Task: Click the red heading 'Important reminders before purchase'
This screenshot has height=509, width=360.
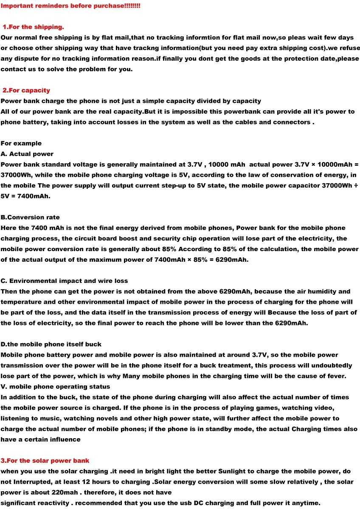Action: pyautogui.click(x=70, y=6)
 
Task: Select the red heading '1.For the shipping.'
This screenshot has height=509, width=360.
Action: pyautogui.click(x=34, y=27)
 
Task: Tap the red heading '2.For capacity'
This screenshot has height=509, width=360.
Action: pyautogui.click(x=26, y=90)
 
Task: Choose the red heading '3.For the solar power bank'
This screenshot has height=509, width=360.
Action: pyautogui.click(x=45, y=460)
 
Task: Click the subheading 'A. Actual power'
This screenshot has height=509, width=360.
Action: pyautogui.click(x=27, y=154)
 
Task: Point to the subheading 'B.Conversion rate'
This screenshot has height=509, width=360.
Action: pyautogui.click(x=30, y=217)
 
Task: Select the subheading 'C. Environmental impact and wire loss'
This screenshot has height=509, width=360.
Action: pyautogui.click(x=64, y=281)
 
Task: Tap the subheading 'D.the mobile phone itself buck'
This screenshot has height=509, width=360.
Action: pyautogui.click(x=51, y=344)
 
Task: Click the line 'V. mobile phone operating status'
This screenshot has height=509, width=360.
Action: pyautogui.click(x=55, y=386)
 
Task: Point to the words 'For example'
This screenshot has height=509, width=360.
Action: pyautogui.click(x=21, y=143)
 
